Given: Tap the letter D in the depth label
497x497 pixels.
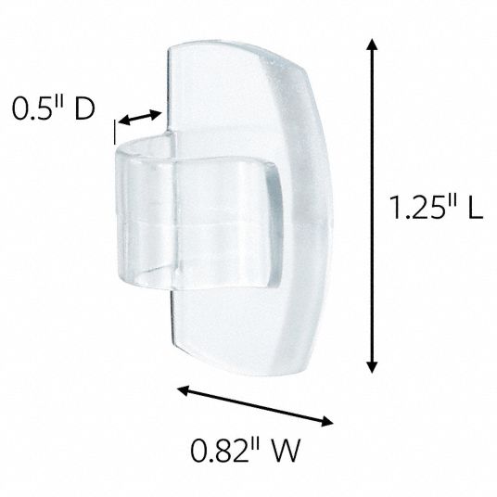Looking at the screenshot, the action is click(84, 108).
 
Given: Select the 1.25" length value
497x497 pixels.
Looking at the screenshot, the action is click(425, 207).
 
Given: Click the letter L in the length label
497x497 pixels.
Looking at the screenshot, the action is click(476, 207).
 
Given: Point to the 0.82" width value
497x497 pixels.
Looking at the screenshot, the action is click(225, 451).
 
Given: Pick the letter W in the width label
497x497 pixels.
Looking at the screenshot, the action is click(286, 451).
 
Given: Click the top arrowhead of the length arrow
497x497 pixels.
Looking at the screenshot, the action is click(372, 45).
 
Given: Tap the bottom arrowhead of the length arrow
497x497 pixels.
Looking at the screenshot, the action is click(372, 367).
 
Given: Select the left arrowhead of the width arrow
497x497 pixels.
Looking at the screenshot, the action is click(184, 390).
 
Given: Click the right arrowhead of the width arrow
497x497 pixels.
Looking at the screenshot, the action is click(326, 421).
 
